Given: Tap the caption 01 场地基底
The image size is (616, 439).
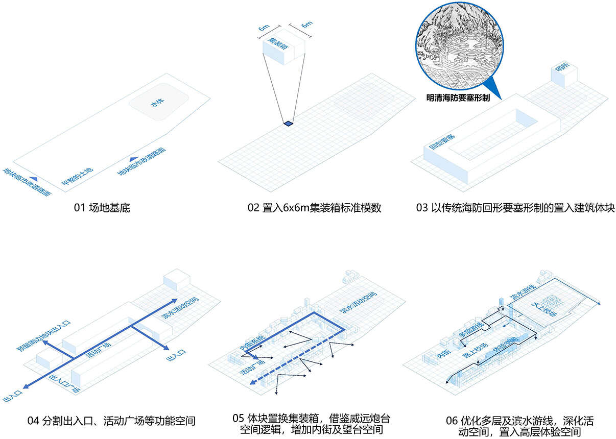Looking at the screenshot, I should pos(102,208).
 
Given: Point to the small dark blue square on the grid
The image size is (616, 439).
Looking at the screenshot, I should pos(289,123).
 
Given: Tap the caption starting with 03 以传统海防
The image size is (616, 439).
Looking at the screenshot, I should pos(515,208).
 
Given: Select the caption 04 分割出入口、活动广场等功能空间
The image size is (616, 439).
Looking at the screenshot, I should pos(111,421).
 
